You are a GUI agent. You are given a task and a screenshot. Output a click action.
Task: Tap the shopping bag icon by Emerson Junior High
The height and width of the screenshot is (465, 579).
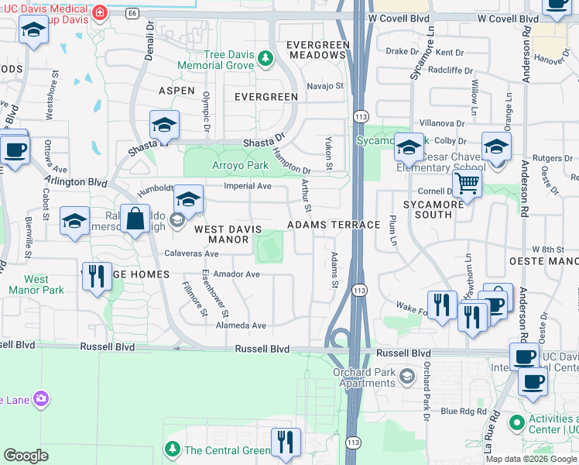click(135, 218)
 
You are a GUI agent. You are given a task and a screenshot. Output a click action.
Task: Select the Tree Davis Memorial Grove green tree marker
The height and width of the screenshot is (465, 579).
click(266, 57)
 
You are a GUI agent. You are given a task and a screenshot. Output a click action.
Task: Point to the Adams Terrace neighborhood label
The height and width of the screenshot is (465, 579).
click(334, 225)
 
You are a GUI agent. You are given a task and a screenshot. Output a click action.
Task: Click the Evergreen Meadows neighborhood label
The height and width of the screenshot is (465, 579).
click(315, 50)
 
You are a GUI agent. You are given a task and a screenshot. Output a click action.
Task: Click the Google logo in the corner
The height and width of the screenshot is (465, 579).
click(26, 456)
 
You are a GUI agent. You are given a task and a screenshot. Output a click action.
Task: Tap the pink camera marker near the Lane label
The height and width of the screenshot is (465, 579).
click(40, 399)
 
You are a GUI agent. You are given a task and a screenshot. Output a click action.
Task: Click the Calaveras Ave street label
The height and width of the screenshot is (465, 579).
click(192, 253)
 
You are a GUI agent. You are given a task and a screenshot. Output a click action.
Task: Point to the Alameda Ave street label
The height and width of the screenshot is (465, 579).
click(240, 325)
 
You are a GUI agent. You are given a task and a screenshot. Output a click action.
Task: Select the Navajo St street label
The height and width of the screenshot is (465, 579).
click(325, 86)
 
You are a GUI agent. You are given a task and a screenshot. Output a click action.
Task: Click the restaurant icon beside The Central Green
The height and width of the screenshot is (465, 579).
click(286, 442)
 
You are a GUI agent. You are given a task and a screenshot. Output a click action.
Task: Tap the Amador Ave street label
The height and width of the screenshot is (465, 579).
click(236, 274)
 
